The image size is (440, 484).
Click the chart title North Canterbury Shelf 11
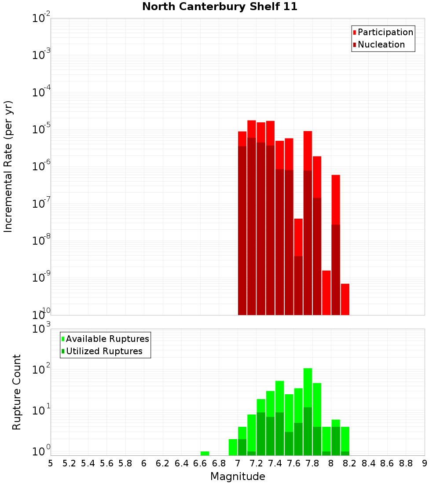point(220,7)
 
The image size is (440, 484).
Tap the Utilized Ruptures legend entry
point(104,351)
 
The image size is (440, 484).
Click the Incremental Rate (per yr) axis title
point(8,166)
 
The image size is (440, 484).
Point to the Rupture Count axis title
point(17,392)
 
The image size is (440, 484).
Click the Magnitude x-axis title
point(238,477)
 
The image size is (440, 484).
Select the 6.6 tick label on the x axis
point(200,463)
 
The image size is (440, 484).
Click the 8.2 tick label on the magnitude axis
point(350,463)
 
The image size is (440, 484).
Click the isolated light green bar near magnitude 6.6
point(205,453)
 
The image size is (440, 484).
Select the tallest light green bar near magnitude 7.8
point(308,387)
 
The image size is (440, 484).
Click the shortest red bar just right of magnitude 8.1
point(345,299)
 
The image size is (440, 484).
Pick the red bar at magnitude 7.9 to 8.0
point(326,293)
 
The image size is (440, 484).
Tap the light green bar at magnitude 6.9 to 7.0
point(233,447)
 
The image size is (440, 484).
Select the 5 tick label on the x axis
point(51,463)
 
